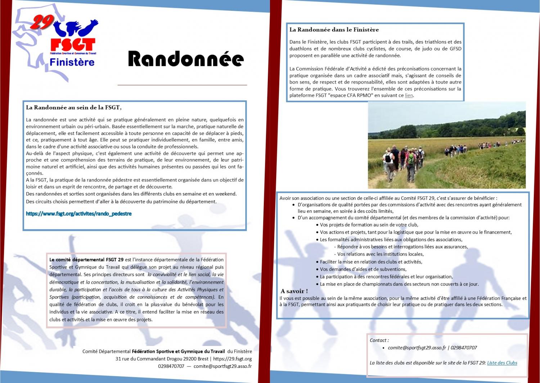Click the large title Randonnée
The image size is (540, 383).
(186, 59)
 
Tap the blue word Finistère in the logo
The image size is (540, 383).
(72, 62)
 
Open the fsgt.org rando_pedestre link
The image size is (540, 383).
(78, 214)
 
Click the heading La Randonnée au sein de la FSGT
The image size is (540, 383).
(73, 107)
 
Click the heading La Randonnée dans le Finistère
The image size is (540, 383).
(334, 30)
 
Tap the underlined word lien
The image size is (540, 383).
(409, 95)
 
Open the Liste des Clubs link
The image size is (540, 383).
(502, 363)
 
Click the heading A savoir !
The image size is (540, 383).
(294, 291)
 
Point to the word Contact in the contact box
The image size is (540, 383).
(379, 340)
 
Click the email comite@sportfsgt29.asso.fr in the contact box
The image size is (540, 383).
(417, 348)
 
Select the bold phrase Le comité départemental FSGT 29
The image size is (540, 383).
(86, 260)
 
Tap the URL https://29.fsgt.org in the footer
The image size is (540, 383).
(232, 359)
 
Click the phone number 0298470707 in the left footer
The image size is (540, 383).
(171, 366)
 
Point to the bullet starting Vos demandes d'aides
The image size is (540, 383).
(363, 269)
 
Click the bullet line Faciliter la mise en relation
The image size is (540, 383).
(371, 262)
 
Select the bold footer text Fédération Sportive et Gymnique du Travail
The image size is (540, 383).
(178, 351)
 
